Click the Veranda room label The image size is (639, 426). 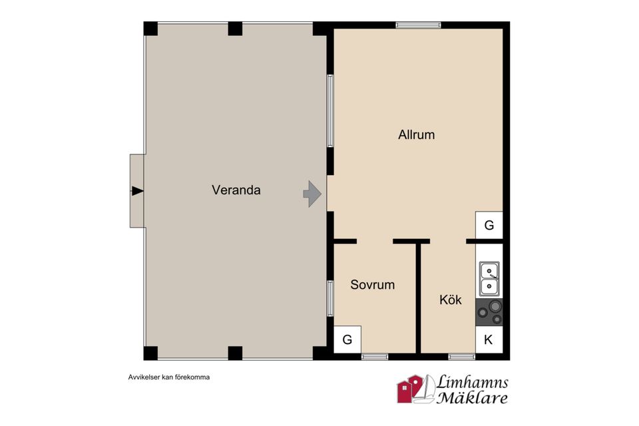pos(236,190)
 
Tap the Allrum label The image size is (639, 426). pos(417,134)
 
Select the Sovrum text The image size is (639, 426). pos(373,284)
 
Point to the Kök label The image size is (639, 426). pos(451,300)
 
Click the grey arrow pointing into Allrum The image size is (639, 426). pos(313,194)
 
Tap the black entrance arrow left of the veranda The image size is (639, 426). pos(137,191)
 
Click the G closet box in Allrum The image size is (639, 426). pos(489,225)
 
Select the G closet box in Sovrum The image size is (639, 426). pos(347,339)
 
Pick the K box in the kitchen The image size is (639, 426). pos(489,339)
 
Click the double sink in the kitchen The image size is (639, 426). pos(489,279)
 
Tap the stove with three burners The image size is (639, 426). pos(489,312)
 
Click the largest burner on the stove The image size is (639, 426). pos(495,306)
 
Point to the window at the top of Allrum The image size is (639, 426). pos(418,25)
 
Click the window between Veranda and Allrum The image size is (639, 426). pos(331,111)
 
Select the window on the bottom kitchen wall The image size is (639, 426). pos(462,357)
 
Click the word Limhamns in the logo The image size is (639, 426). pos(473,382)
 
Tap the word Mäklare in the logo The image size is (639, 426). pos(472,397)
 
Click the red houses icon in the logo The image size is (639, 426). pos(410,389)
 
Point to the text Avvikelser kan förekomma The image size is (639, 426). pos(168,377)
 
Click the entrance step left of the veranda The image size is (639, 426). pos(137,191)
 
